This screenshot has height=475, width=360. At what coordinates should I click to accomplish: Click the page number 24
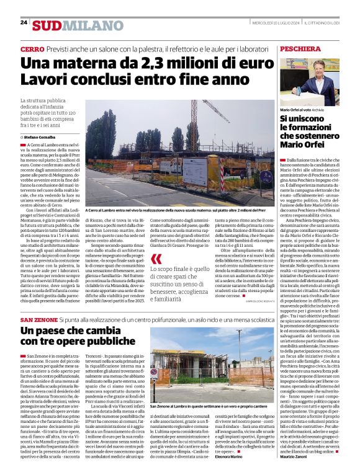pos(24,22)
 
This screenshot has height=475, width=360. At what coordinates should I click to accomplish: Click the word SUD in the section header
pos(47,25)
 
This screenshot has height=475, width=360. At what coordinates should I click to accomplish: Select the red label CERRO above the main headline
pos(32,48)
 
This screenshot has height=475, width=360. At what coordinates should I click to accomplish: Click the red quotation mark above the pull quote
pos(157,257)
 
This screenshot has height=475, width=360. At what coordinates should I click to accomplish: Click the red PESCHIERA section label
pos(300,48)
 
